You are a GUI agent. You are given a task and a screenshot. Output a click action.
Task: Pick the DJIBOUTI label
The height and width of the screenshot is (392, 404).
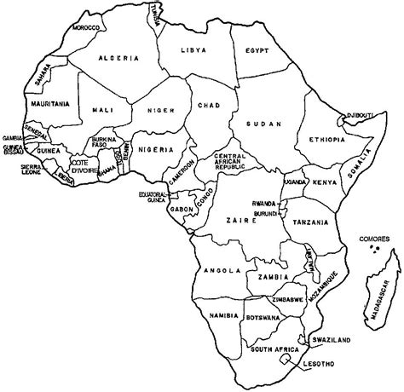pos(355,115)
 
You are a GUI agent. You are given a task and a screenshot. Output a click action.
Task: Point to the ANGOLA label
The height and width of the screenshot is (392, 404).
pos(218,271)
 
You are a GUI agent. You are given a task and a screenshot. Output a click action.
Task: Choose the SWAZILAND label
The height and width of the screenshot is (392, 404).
pos(331,341)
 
